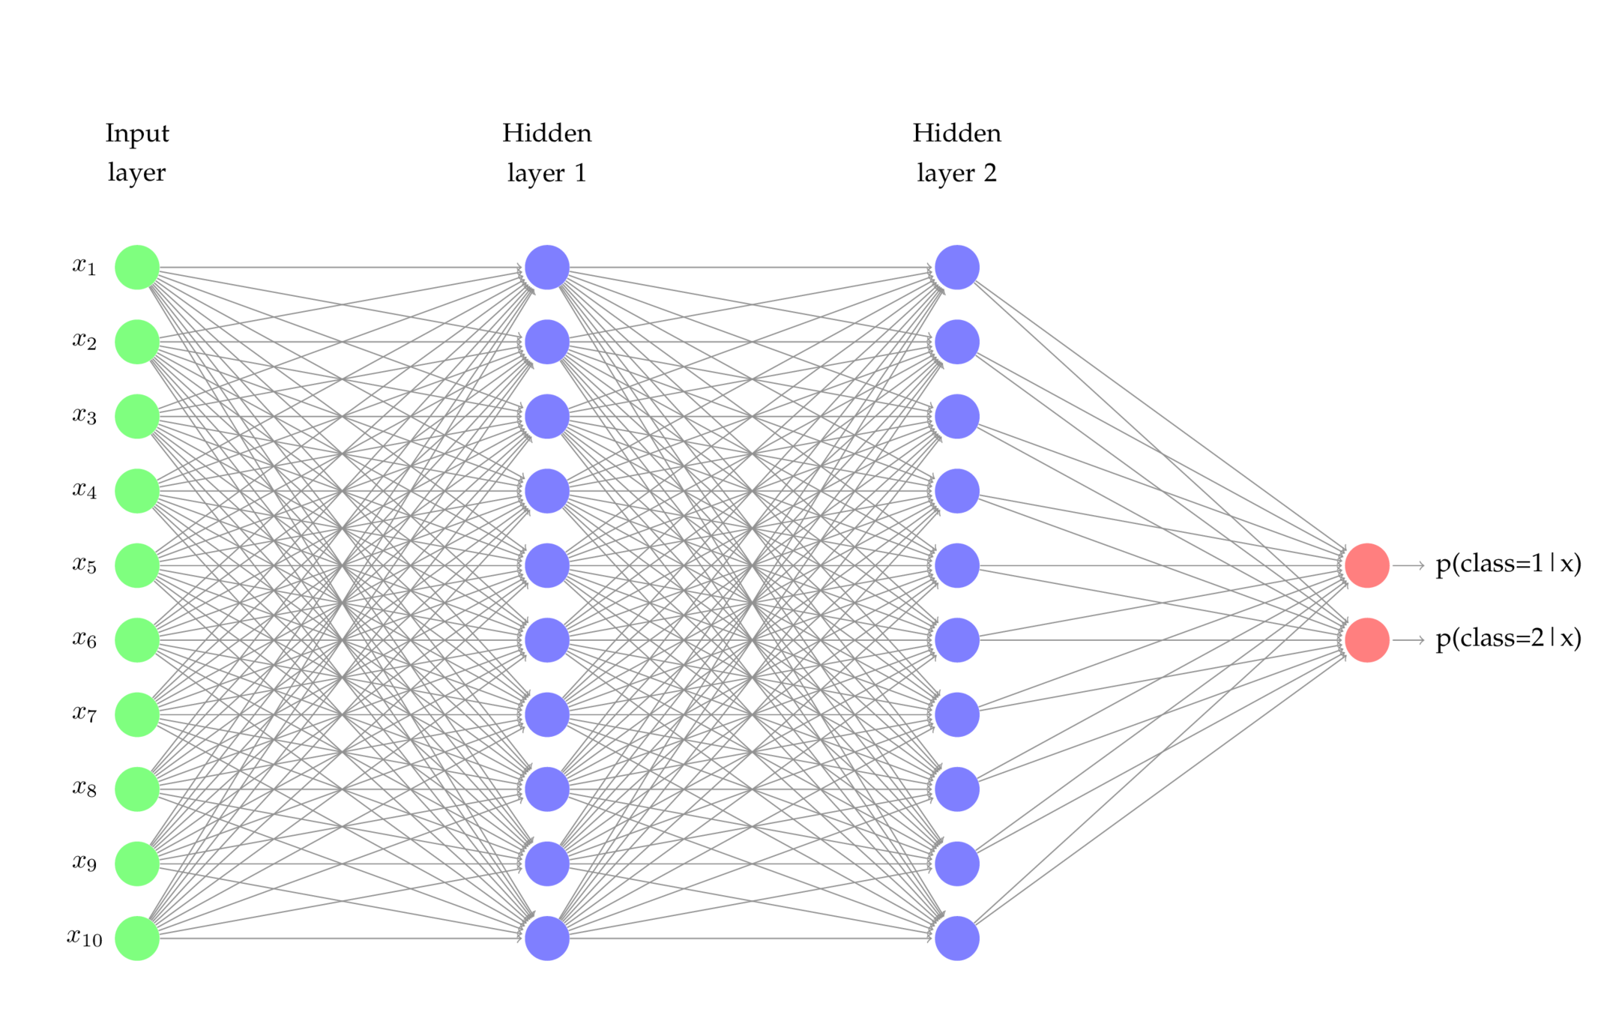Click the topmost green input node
(x=137, y=267)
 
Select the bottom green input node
(x=137, y=938)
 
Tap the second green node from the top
(x=137, y=342)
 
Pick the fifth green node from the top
(x=137, y=565)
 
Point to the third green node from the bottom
(x=137, y=789)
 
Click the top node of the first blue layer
(x=547, y=267)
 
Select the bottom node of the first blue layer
(x=547, y=938)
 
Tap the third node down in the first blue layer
(x=547, y=416)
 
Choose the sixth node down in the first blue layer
(x=547, y=639)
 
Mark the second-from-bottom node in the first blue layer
(x=547, y=864)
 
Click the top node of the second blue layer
(x=957, y=267)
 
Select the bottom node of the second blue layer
(x=957, y=938)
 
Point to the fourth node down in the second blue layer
(x=957, y=491)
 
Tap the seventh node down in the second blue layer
(x=957, y=714)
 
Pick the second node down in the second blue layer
(x=957, y=342)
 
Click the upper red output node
(x=1367, y=565)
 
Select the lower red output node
(x=1367, y=639)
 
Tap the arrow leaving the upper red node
(x=1409, y=565)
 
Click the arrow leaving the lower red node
(x=1409, y=639)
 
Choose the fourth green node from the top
(x=137, y=491)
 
